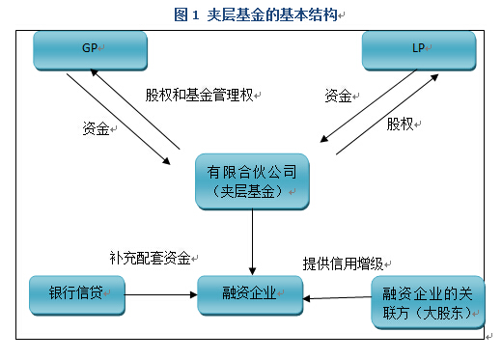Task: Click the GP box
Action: tap(90, 49)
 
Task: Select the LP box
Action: tap(418, 49)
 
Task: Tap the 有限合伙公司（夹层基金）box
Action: tap(251, 181)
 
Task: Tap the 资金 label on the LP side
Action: tap(337, 97)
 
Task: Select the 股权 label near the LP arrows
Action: tap(401, 125)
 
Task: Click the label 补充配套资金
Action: tap(151, 259)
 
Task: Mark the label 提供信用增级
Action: tap(342, 263)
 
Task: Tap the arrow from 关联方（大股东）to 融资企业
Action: tap(337, 298)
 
